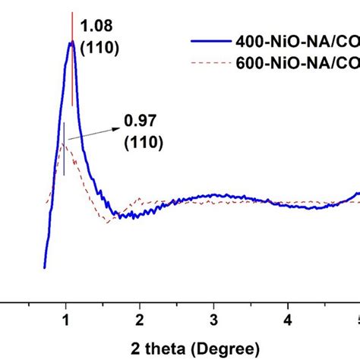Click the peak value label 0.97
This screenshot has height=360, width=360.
(137, 120)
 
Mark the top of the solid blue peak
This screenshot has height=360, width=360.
(71, 43)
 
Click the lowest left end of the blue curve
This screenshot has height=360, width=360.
(45, 267)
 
